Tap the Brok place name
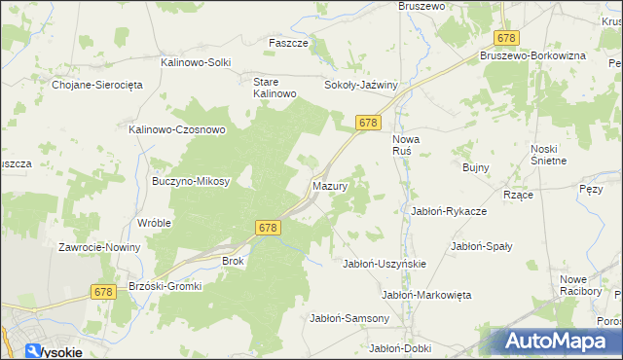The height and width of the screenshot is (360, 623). click(234, 261)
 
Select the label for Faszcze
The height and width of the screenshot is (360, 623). click(288, 43)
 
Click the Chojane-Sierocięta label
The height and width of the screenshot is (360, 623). click(97, 85)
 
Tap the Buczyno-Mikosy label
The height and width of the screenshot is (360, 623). click(191, 181)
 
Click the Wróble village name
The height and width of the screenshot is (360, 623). click(155, 222)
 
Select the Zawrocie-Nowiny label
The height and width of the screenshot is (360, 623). click(99, 247)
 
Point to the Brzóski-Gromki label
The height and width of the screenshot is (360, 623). click(165, 287)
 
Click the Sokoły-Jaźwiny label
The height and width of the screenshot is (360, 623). click(362, 85)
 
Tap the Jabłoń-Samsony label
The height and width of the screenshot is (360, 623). click(349, 318)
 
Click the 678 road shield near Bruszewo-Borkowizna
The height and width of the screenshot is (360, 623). click(506, 37)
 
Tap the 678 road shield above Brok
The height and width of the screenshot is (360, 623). click(270, 227)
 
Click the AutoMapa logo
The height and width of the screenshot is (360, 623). click(560, 342)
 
